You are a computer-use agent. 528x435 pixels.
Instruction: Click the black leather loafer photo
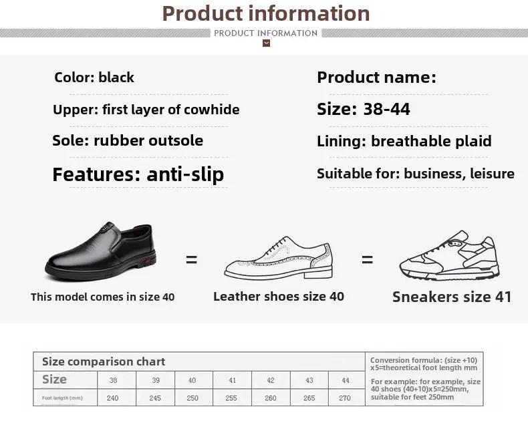click(100, 251)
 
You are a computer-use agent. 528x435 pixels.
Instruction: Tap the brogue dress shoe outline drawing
click(279, 258)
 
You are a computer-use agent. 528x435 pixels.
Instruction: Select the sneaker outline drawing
click(450, 255)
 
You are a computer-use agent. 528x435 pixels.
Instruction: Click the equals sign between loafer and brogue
click(191, 259)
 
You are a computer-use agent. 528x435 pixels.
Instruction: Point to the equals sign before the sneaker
click(367, 259)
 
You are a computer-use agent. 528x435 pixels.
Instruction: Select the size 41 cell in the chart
click(232, 380)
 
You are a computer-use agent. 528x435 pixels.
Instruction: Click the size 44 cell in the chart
click(346, 380)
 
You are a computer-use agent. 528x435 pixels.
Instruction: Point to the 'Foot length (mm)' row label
click(62, 398)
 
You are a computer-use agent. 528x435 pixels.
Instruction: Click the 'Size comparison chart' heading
click(104, 361)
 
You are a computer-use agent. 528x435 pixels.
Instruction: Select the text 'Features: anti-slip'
click(138, 174)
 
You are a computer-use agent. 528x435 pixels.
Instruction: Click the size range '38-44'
click(386, 109)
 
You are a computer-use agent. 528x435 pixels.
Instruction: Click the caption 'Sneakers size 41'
click(452, 297)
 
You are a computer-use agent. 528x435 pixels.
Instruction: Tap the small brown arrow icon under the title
click(267, 43)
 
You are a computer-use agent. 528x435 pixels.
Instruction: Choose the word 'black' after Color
click(116, 78)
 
